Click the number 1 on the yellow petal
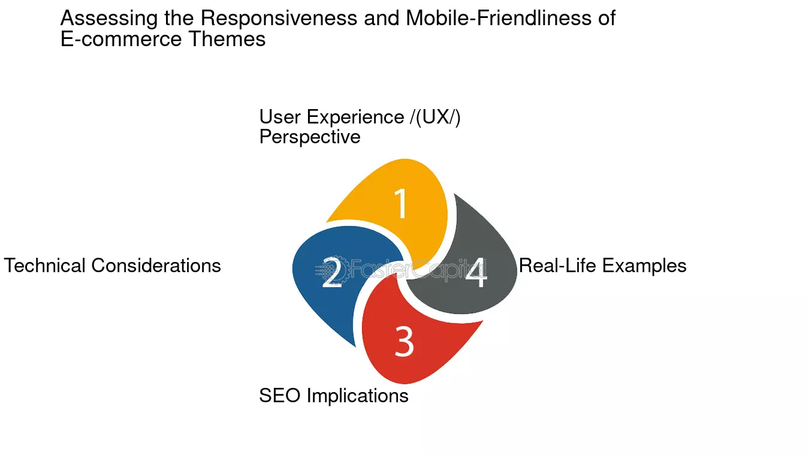coord(402,203)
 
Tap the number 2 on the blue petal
coord(331,272)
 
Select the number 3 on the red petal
coord(404,341)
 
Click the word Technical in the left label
coord(44,266)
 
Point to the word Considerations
coord(156,266)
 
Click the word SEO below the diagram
coord(280,396)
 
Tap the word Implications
coord(358,396)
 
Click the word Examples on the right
coord(644,266)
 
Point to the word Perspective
coord(310,137)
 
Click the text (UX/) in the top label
coord(438,117)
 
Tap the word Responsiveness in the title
coord(279,18)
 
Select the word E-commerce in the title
coord(121,39)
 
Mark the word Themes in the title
coord(227,39)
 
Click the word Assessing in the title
coord(109,19)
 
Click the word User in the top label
coord(280,117)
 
